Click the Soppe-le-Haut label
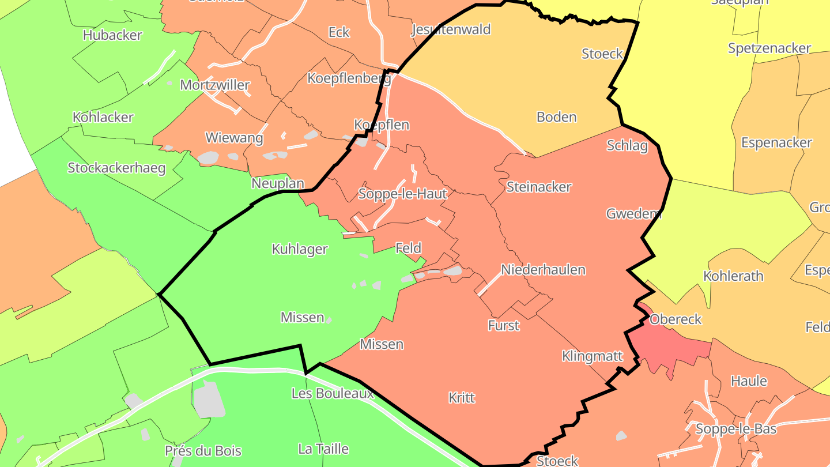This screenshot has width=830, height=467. click(402, 194)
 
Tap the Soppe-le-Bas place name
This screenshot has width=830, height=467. click(736, 429)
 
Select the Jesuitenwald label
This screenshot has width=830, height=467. click(451, 29)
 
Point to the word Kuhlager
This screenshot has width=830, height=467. click(299, 249)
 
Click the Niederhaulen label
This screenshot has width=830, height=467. click(543, 269)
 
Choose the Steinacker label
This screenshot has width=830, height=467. click(539, 187)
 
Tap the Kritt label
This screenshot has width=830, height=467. click(462, 398)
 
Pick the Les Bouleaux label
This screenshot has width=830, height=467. click(333, 393)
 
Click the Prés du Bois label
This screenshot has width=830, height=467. click(203, 451)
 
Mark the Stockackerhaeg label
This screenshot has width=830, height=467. click(116, 168)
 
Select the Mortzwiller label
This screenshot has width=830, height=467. click(215, 85)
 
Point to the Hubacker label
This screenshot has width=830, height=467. click(112, 35)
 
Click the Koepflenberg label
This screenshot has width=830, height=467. click(349, 78)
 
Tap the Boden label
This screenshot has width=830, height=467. click(556, 117)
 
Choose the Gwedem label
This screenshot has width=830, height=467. click(633, 214)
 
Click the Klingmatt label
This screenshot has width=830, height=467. click(593, 356)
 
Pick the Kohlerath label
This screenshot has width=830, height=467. click(733, 276)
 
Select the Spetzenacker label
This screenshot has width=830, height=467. click(769, 48)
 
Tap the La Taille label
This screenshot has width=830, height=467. click(323, 449)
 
